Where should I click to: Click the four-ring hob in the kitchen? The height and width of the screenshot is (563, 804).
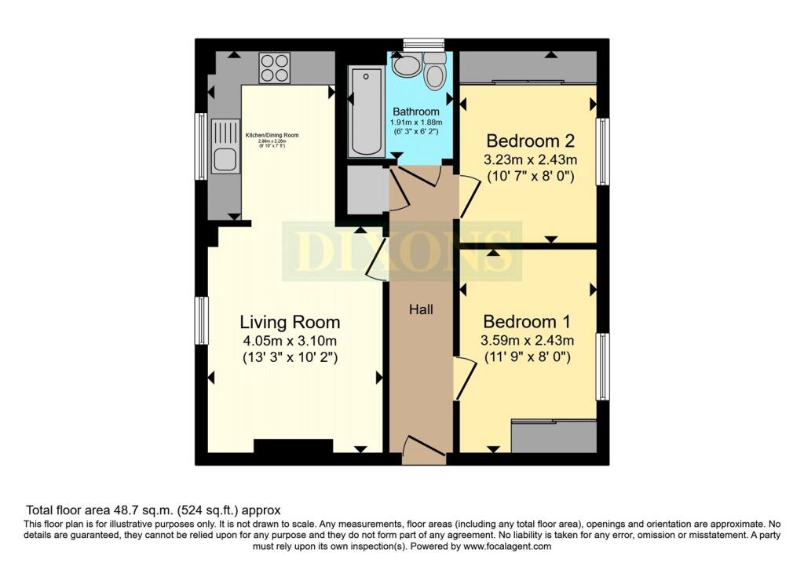point(274,68)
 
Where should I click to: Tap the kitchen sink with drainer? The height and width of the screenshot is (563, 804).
point(224,145)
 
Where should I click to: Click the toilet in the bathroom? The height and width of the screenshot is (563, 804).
point(434,72)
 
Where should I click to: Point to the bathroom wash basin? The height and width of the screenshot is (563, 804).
point(406,65)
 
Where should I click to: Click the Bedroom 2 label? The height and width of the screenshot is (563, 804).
point(531,141)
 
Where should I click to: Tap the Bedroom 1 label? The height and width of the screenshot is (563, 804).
point(526,322)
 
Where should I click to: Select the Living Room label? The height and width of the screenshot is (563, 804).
point(290,322)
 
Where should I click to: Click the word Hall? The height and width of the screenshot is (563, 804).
point(421,309)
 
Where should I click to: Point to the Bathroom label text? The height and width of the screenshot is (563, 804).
point(416,112)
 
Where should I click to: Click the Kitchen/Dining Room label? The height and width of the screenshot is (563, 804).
point(272,135)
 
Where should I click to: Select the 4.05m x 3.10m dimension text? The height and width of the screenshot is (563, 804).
point(290,341)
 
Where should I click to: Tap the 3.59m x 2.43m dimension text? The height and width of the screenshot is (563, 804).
point(527,340)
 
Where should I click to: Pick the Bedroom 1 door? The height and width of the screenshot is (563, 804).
point(463,378)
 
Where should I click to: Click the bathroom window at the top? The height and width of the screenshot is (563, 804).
point(422,44)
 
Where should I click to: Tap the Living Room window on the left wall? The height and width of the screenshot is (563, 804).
point(203,320)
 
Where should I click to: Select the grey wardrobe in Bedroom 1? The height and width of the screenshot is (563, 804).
point(554,437)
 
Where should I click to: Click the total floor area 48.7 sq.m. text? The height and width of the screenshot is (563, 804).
point(153,510)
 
